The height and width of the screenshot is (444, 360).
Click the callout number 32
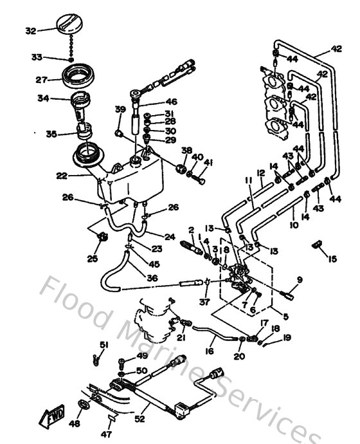pyautogui.click(x=31, y=30)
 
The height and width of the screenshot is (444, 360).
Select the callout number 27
pyautogui.click(x=42, y=80)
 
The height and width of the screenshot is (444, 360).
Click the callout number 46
pyautogui.click(x=171, y=102)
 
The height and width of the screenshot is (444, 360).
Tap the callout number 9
pyautogui.click(x=300, y=279)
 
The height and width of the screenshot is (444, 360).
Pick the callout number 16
pyautogui.click(x=210, y=352)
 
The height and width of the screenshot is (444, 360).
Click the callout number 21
pyautogui.click(x=181, y=338)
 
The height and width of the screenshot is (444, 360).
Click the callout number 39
pyautogui.click(x=119, y=109)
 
